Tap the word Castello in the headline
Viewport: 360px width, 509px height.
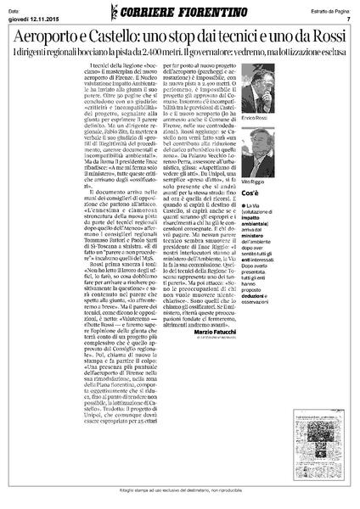click(x=148, y=38)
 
